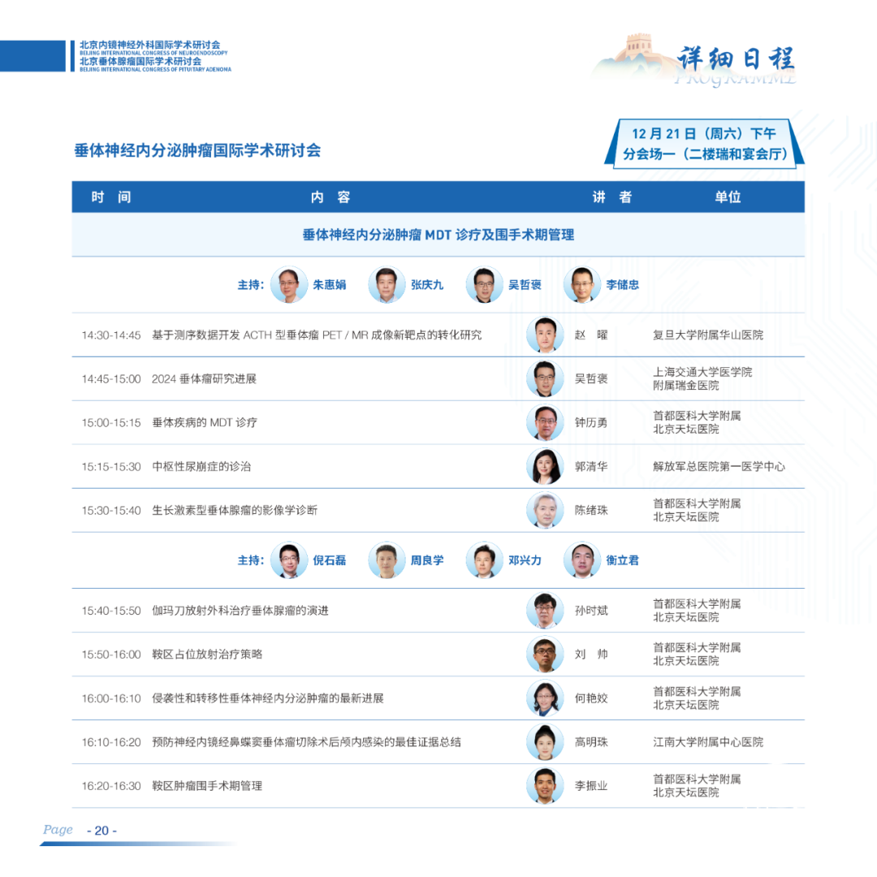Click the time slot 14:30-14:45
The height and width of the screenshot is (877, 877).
click(111, 335)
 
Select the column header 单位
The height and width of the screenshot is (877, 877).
click(728, 197)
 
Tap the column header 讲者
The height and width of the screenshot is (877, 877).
click(612, 197)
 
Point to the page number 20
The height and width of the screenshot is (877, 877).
click(102, 831)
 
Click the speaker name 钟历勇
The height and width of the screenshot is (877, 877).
click(591, 423)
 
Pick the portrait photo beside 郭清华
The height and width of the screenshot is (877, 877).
click(545, 466)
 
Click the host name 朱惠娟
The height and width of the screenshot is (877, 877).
click(330, 285)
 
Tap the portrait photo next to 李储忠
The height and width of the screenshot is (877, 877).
click(582, 285)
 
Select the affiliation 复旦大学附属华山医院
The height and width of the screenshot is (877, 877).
click(708, 335)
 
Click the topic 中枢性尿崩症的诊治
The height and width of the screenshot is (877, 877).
click(201, 466)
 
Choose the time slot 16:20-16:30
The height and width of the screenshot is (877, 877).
click(111, 786)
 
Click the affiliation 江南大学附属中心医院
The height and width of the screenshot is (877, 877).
click(708, 742)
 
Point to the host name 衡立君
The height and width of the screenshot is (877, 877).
click(623, 560)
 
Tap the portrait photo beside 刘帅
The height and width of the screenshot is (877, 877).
click(545, 655)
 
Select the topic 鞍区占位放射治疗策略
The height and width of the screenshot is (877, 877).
click(207, 655)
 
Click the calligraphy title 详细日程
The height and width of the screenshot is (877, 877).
click(736, 58)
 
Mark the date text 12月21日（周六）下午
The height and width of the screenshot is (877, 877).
click(703, 134)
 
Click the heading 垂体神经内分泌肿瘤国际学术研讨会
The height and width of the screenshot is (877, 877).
click(197, 150)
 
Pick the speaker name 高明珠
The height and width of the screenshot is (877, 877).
click(591, 742)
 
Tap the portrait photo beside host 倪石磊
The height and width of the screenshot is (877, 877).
click(289, 560)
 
